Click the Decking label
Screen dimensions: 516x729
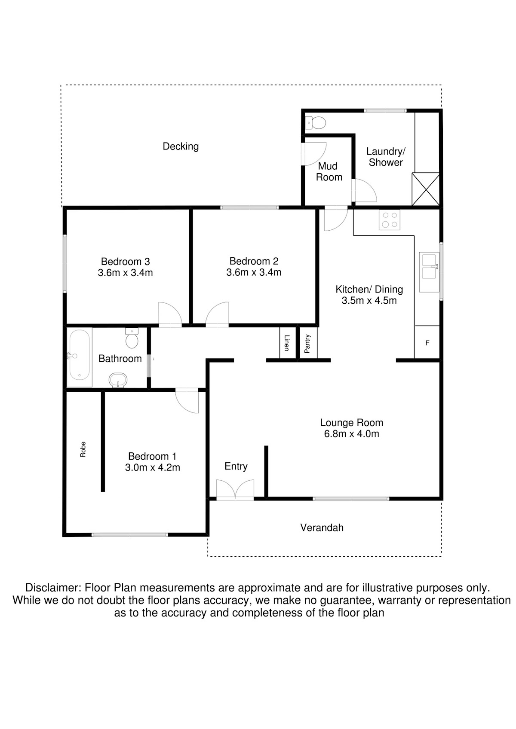point(181,146)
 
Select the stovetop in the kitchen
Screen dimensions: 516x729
point(389,220)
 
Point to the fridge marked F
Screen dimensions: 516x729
point(427,343)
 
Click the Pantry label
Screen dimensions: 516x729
point(307,344)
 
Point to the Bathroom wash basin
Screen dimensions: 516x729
point(118,380)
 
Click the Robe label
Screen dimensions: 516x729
point(83,449)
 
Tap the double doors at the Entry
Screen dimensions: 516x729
point(235,490)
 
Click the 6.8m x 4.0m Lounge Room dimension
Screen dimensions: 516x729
point(351,434)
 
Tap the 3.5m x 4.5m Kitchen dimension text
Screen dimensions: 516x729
point(369,301)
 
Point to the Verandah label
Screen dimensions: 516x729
point(322,528)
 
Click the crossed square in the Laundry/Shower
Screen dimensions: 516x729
point(426,189)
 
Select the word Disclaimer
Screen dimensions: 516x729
point(53,588)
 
